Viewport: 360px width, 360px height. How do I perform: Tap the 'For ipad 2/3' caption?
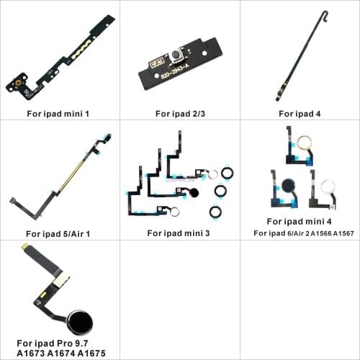pyautogui.click(x=179, y=113)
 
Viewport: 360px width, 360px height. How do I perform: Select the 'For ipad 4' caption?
pyautogui.click(x=300, y=113)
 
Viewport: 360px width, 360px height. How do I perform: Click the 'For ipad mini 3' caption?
pyautogui.click(x=179, y=233)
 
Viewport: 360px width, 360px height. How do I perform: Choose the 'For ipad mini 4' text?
pyautogui.click(x=300, y=221)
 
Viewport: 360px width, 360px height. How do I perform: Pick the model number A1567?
pyautogui.click(x=346, y=233)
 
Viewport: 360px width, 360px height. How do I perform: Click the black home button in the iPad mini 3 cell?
pyautogui.click(x=194, y=192)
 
